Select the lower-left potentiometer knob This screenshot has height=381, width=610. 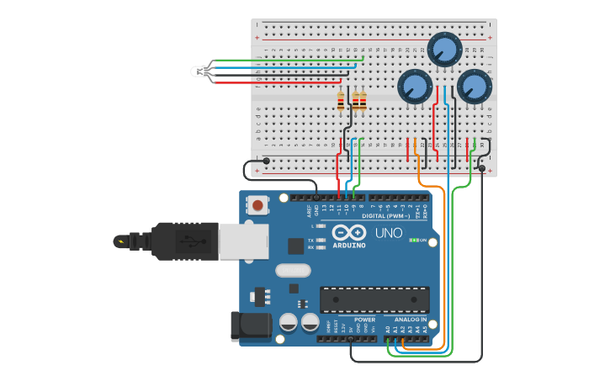pyautogui.click(x=414, y=86)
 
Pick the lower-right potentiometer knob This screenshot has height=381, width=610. pyautogui.click(x=473, y=86)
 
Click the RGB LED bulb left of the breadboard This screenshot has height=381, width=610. pyautogui.click(x=200, y=71)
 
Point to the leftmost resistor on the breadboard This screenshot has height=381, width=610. pyautogui.click(x=341, y=102)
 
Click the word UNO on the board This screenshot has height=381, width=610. pyautogui.click(x=388, y=232)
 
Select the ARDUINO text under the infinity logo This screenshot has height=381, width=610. pyautogui.click(x=349, y=245)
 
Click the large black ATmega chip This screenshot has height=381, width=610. pyautogui.click(x=374, y=299)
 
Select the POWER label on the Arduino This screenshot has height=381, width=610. pyautogui.click(x=364, y=320)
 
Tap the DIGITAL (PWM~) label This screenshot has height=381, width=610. pyautogui.click(x=386, y=216)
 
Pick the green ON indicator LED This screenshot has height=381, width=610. pyautogui.click(x=413, y=240)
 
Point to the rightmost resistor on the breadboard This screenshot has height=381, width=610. pyautogui.click(x=363, y=102)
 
